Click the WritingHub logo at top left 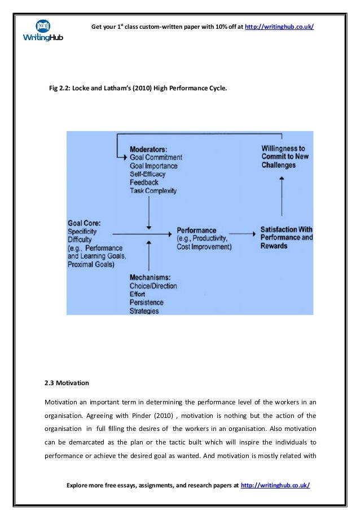[43, 31]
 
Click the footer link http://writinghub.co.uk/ [275, 485]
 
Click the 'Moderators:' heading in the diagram [152, 149]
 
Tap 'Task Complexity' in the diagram [153, 191]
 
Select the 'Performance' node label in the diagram [196, 230]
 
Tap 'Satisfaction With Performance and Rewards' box [286, 237]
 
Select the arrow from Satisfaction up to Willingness [282, 198]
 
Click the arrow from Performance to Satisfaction [244, 232]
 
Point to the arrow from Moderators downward [148, 212]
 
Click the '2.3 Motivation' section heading [67, 383]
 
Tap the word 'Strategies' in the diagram [144, 311]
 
